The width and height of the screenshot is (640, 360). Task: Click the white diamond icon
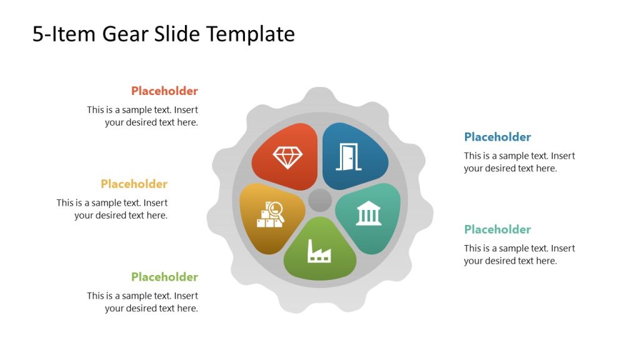(287, 157)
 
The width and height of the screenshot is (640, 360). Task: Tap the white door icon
(349, 157)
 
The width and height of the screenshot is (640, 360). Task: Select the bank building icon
(369, 213)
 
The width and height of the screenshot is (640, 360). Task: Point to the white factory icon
(319, 250)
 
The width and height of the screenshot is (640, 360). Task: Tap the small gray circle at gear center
(320, 200)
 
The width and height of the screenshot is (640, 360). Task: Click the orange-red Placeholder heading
(164, 91)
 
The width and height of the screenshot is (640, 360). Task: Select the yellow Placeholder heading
(134, 184)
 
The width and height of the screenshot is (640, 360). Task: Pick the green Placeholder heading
(164, 277)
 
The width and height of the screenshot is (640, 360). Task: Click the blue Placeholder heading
(497, 137)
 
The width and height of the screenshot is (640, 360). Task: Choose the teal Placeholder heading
(497, 229)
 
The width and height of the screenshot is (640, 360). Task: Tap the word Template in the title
(251, 34)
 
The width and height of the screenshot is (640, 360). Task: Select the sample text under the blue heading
(519, 162)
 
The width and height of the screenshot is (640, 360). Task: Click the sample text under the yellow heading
(112, 209)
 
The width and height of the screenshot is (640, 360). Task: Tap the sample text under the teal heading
(519, 254)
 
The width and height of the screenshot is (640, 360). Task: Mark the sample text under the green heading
(143, 302)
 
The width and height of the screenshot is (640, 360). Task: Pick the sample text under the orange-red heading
(143, 116)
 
